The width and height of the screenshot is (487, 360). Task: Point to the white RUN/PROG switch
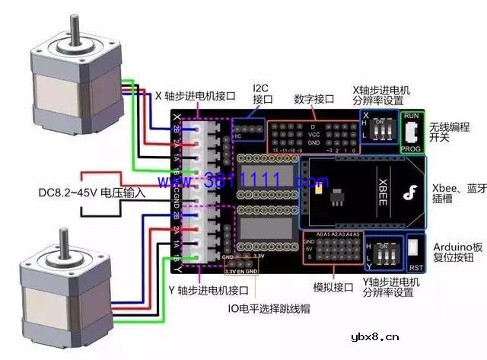coord(411,133)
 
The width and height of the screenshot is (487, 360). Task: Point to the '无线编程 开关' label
coord(450,132)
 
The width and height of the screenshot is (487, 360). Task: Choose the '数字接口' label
coord(314,99)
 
